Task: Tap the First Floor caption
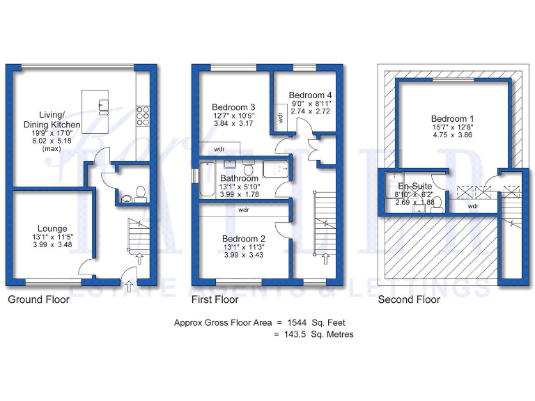coord(215,300)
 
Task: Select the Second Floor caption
coord(409,300)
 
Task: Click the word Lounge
coord(52,228)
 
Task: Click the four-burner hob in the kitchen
coord(144,114)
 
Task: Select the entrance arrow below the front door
coord(130,285)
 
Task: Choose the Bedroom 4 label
coord(310,95)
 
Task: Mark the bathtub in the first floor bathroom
coord(210,179)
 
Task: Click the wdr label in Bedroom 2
coord(243,209)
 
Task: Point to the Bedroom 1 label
coord(453,118)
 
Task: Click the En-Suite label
coord(414,187)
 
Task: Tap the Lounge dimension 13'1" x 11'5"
coord(52,237)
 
